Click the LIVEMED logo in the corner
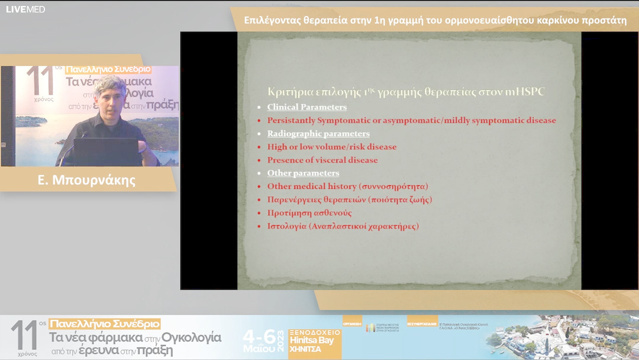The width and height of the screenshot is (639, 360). click(25, 9)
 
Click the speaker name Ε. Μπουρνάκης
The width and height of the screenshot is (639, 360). click(86, 180)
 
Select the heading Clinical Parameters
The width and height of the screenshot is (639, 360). click(306, 107)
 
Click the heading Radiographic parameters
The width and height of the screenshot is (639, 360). click(318, 134)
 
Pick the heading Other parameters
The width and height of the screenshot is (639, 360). click(303, 173)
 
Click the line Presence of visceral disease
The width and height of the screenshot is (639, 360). click(322, 160)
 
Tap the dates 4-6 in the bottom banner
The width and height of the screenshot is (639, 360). click(260, 337)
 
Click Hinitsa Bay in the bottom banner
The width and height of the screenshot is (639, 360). click(312, 340)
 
